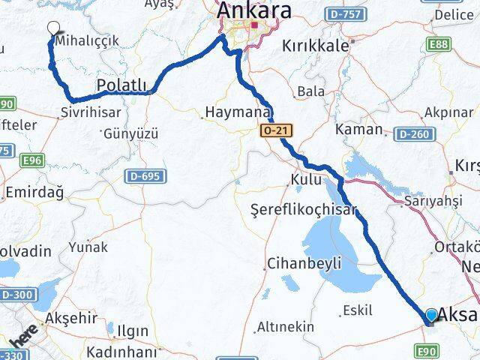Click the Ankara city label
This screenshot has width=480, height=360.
coord(253,11)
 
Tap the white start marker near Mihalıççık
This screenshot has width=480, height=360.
coord(52,28)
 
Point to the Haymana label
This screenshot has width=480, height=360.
coord(236,112)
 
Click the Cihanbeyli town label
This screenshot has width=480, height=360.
coord(304,263)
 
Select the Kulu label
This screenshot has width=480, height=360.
coord(306,180)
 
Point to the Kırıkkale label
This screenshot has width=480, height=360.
coord(316,45)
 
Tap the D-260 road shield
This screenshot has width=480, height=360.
coord(412,134)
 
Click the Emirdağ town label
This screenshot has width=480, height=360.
coord(34,192)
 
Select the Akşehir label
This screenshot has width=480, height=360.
coord(71,318)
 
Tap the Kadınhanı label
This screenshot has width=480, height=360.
coord(121,352)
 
